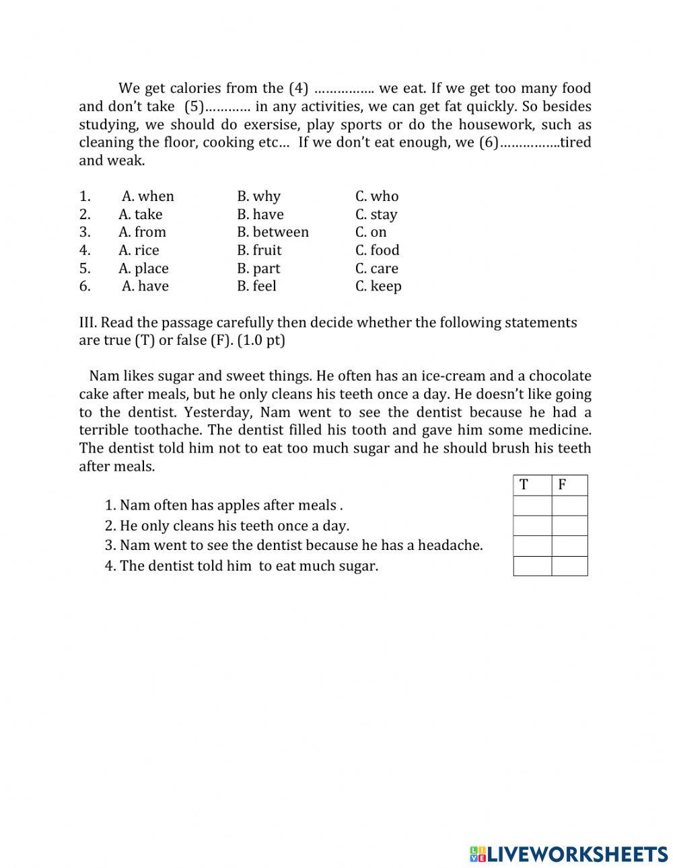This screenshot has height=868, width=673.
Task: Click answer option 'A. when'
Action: coord(147,196)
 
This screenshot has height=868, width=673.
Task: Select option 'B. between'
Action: coord(273,232)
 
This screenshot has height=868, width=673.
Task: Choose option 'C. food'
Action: coord(377,250)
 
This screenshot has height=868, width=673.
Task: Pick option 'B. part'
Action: coord(258,268)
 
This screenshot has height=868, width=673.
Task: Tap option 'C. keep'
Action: coord(378,286)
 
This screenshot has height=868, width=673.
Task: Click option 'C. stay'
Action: coord(376,214)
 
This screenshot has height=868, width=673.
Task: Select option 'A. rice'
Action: coord(139,250)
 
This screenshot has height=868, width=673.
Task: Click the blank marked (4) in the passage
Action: coord(344,89)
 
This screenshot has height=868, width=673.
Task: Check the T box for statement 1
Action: coord(532,506)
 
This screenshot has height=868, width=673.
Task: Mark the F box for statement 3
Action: coord(569,546)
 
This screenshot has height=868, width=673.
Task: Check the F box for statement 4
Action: coord(569,566)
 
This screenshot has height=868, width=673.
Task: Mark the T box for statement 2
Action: coord(532,526)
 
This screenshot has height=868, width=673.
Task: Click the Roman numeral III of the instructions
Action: coord(87,322)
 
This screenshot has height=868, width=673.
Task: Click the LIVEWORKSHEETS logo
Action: coord(569,854)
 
